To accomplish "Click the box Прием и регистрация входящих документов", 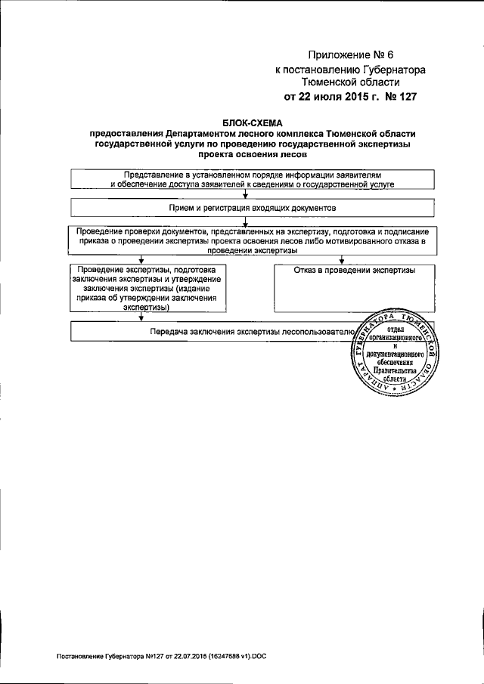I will point(253,206).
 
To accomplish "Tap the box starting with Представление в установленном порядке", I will point(253,178).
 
